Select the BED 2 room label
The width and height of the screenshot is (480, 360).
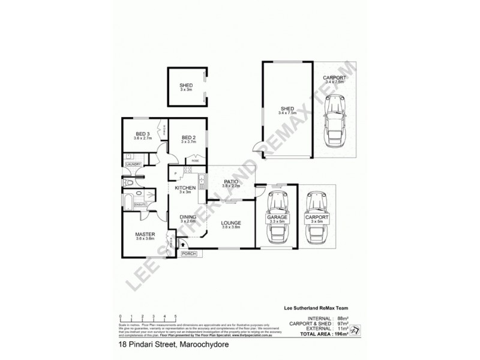189,136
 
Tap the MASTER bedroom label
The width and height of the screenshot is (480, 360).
145,234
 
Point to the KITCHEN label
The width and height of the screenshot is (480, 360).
185,188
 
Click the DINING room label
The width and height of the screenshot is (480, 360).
188,217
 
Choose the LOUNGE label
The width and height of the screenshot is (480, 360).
231,221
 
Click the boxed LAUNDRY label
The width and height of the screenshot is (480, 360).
133,164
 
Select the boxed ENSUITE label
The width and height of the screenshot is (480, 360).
141,205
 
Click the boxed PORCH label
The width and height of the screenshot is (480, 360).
188,254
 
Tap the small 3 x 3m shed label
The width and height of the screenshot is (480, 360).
185,86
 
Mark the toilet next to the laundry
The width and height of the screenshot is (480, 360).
127,181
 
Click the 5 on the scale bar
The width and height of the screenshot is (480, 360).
175,316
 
